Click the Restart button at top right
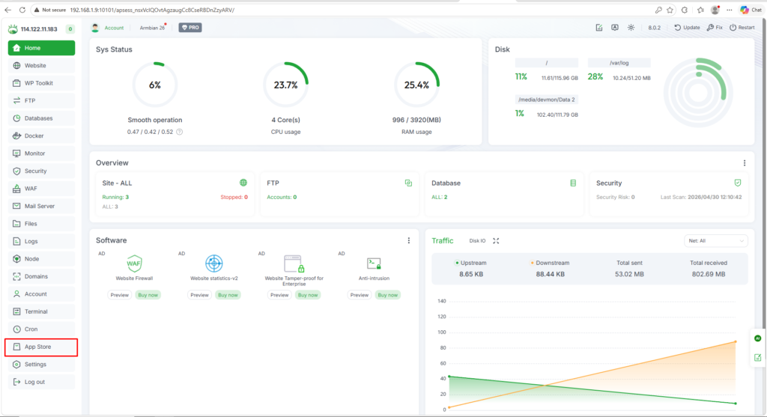(x=742, y=28)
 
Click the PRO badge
(x=190, y=28)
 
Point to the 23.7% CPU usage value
(x=285, y=85)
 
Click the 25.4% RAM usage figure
(x=416, y=85)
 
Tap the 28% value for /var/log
(x=595, y=77)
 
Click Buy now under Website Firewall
(x=148, y=295)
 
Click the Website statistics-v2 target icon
(x=213, y=264)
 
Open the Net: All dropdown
(x=715, y=240)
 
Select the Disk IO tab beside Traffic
(x=477, y=240)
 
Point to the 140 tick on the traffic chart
(x=442, y=301)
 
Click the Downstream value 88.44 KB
(x=551, y=274)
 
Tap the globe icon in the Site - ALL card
(x=243, y=183)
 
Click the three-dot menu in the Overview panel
(x=745, y=162)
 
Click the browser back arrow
(x=7, y=10)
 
